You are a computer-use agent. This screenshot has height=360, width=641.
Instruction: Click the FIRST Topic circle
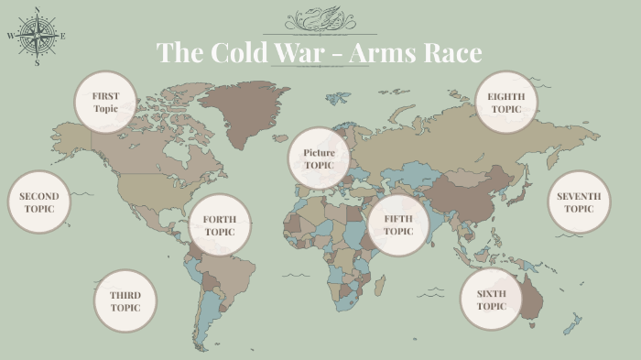tap(105, 102)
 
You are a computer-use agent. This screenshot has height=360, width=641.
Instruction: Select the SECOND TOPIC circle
tap(38, 202)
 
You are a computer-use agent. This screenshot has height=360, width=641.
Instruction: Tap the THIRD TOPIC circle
tap(125, 300)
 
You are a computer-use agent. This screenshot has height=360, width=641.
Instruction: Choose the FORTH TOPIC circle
tap(220, 225)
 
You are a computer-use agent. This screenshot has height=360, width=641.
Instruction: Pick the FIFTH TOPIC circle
tap(398, 225)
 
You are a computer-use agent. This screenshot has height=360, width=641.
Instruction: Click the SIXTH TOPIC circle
tap(491, 300)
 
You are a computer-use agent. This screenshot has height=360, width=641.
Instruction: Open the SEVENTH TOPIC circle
tap(579, 202)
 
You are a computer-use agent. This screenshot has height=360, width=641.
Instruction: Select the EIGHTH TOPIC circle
tap(505, 102)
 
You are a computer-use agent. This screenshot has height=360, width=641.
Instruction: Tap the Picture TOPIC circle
tap(319, 158)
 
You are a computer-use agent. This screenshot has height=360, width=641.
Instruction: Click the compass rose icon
tap(37, 37)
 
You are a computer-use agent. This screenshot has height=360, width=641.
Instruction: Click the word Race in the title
tap(451, 52)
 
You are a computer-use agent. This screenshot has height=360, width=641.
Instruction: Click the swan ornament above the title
tap(320, 18)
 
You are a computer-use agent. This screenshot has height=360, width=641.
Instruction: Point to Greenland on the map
tap(244, 105)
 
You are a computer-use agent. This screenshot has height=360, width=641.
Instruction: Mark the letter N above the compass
tap(37, 10)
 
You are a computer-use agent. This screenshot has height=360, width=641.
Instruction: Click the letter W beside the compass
tap(11, 37)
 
